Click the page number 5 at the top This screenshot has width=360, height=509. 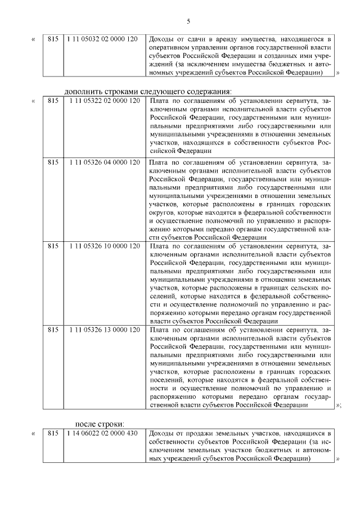(188, 21)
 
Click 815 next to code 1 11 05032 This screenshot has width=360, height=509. (53, 39)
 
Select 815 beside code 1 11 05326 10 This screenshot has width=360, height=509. (53, 246)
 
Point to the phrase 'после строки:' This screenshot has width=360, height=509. (100, 424)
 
